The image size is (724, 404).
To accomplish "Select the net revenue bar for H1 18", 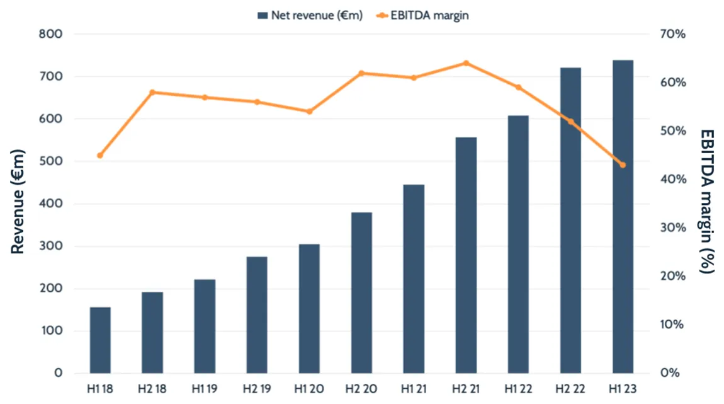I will point(100,340).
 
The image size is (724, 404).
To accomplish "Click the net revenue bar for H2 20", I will point(361,292).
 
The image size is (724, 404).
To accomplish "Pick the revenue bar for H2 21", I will point(466,255).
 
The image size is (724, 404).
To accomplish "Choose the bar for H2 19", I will point(257,315).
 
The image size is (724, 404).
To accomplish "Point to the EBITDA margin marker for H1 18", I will point(100,155).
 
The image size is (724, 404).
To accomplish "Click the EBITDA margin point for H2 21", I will point(466,63).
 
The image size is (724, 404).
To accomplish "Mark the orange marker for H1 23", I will point(623,165).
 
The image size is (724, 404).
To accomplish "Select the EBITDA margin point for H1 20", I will point(309,112).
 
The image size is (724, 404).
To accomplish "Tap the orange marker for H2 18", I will point(152,93).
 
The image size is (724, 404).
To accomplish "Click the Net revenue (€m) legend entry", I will point(310,16).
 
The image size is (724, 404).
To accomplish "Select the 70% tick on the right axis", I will point(673,34).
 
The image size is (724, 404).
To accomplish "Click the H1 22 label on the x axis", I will point(518,390).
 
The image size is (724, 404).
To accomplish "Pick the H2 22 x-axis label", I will point(570,390).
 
